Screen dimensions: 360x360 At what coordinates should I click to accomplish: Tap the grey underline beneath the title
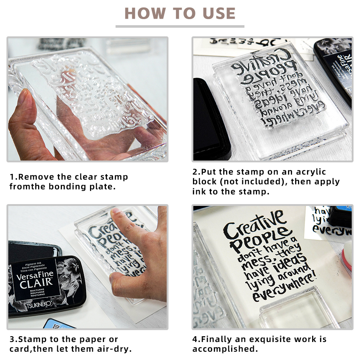(180, 26)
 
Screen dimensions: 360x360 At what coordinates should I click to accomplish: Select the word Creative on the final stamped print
(252, 225)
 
